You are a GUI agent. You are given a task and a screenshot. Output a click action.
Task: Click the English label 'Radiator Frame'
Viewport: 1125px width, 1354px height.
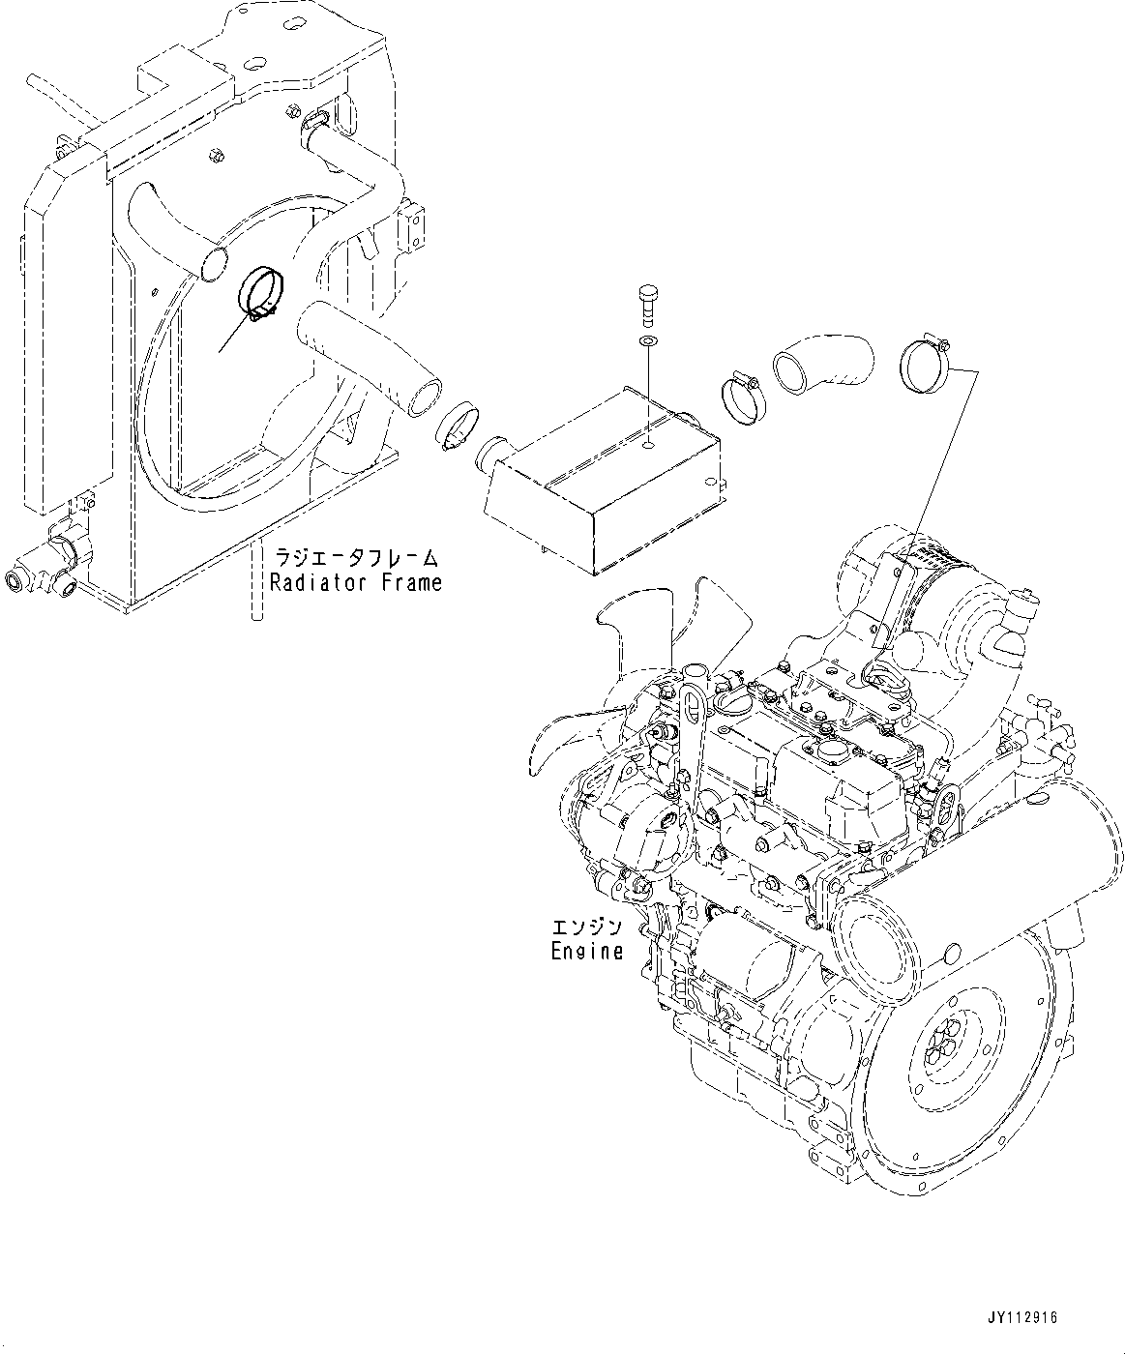pyautogui.click(x=355, y=582)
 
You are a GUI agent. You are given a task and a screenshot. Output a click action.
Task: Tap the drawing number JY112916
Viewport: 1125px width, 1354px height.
pyautogui.click(x=1022, y=1317)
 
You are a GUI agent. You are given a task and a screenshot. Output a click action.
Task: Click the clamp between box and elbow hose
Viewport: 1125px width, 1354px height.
pyautogui.click(x=744, y=397)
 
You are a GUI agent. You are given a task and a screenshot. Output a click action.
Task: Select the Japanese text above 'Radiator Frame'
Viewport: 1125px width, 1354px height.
pyautogui.click(x=356, y=559)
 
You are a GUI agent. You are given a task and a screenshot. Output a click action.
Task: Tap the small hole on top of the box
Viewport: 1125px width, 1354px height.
pyautogui.click(x=647, y=447)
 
